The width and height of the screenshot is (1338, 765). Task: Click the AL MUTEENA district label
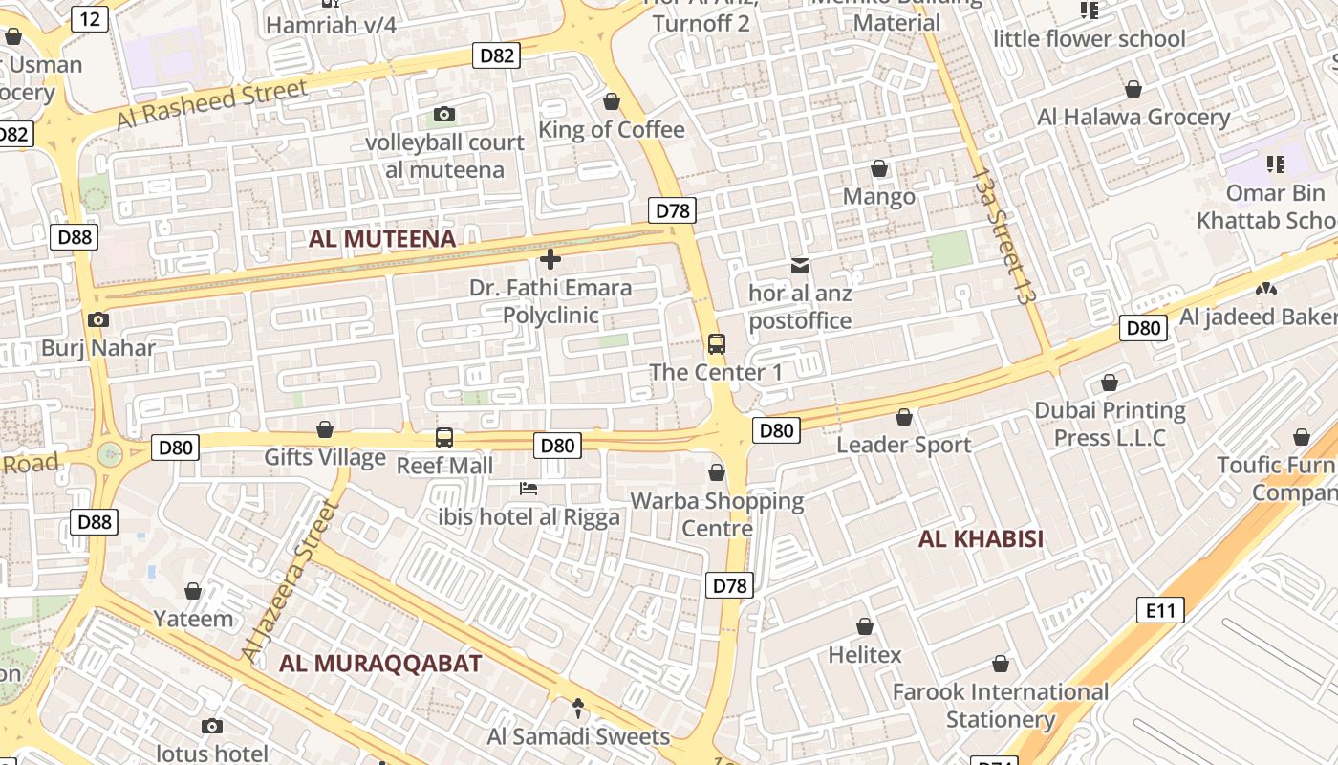pyautogui.click(x=382, y=238)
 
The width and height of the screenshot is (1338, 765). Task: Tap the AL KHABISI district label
pyautogui.click(x=981, y=538)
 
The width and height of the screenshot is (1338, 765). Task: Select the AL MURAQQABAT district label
pyautogui.click(x=380, y=663)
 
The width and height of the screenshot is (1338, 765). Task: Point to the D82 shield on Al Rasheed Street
pyautogui.click(x=496, y=55)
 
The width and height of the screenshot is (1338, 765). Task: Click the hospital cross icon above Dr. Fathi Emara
pyautogui.click(x=550, y=259)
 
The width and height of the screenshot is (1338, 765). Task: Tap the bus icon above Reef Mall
pyautogui.click(x=444, y=438)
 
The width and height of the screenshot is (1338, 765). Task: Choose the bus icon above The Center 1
pyautogui.click(x=717, y=344)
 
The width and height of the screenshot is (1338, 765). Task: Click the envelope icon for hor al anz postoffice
pyautogui.click(x=799, y=265)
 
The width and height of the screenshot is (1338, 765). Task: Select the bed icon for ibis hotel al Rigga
pyautogui.click(x=529, y=489)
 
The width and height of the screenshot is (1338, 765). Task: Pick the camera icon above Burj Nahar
pyautogui.click(x=97, y=320)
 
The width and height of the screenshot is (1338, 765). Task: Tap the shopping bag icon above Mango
pyautogui.click(x=879, y=169)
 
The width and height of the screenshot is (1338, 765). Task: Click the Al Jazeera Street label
pyautogui.click(x=292, y=582)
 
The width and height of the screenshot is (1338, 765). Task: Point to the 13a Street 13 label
pyautogui.click(x=1002, y=236)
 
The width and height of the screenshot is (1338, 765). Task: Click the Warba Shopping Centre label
pyautogui.click(x=717, y=514)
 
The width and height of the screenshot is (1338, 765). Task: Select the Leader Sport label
pyautogui.click(x=903, y=445)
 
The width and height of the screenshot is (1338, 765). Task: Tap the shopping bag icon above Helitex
pyautogui.click(x=865, y=627)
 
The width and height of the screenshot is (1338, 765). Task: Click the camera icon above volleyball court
pyautogui.click(x=444, y=115)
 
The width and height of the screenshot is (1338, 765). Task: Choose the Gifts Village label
pyautogui.click(x=325, y=457)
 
